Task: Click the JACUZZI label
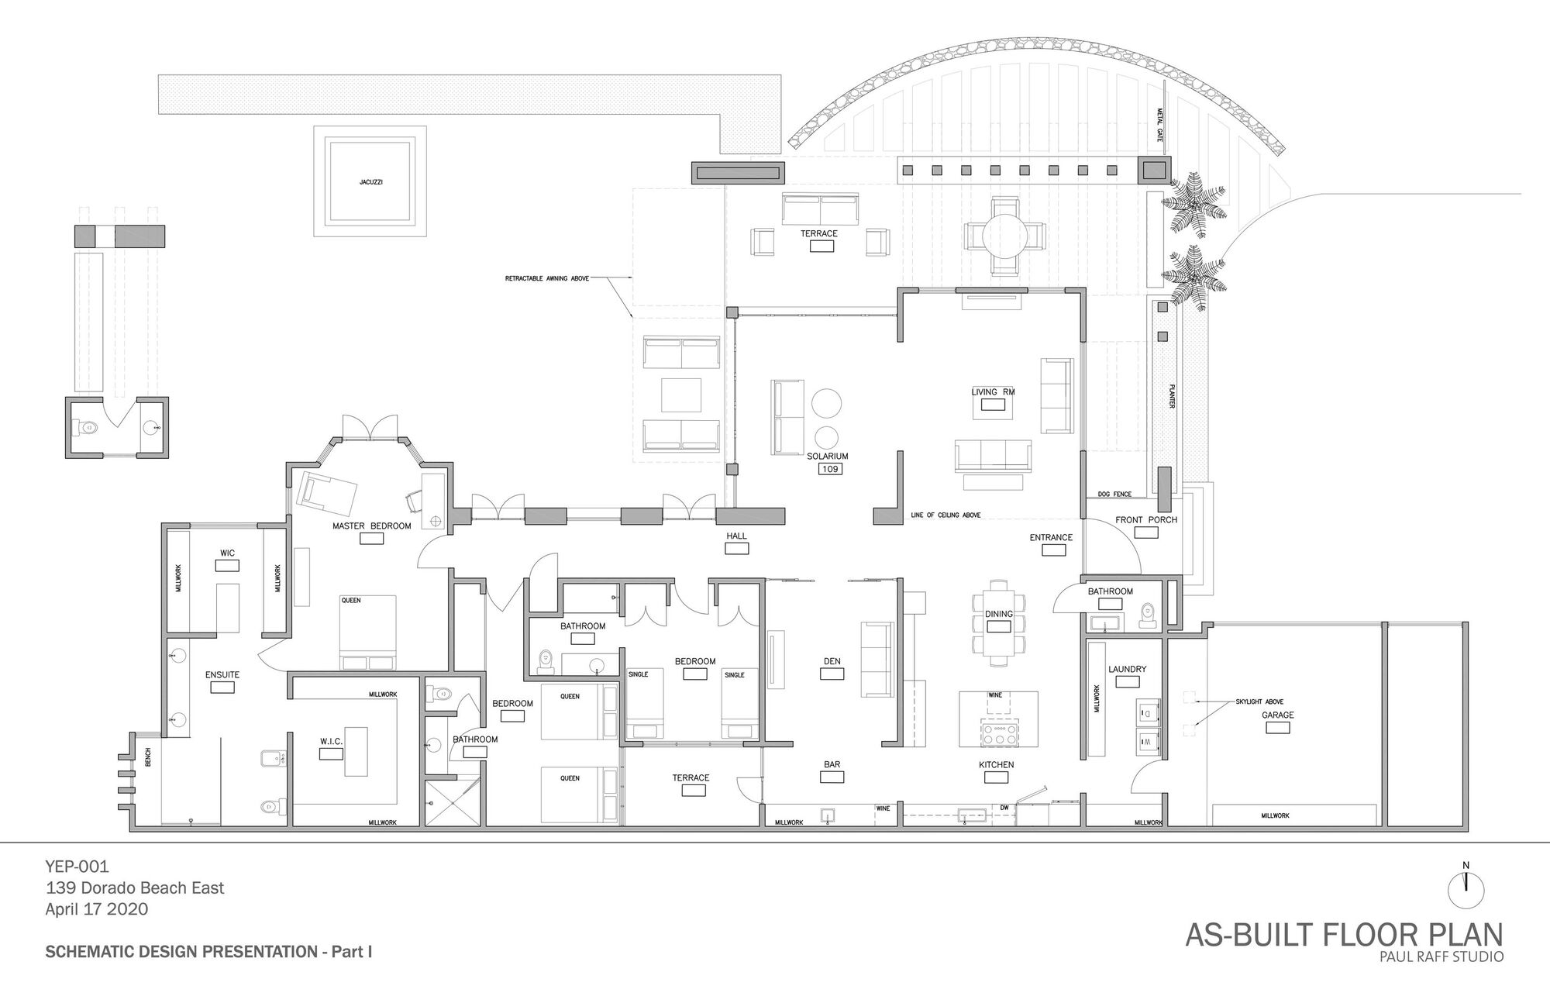point(370,182)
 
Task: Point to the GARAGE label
point(1277,715)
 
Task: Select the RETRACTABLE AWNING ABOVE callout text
point(547,277)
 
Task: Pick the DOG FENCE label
point(1114,495)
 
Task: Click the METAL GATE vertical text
point(1160,124)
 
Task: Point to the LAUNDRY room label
point(1127,669)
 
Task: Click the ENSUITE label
point(222,675)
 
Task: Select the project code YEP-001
point(77,866)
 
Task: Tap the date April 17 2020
point(96,909)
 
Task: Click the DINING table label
point(998,614)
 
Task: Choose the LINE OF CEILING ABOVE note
point(945,515)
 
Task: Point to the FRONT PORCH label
point(1145,520)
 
